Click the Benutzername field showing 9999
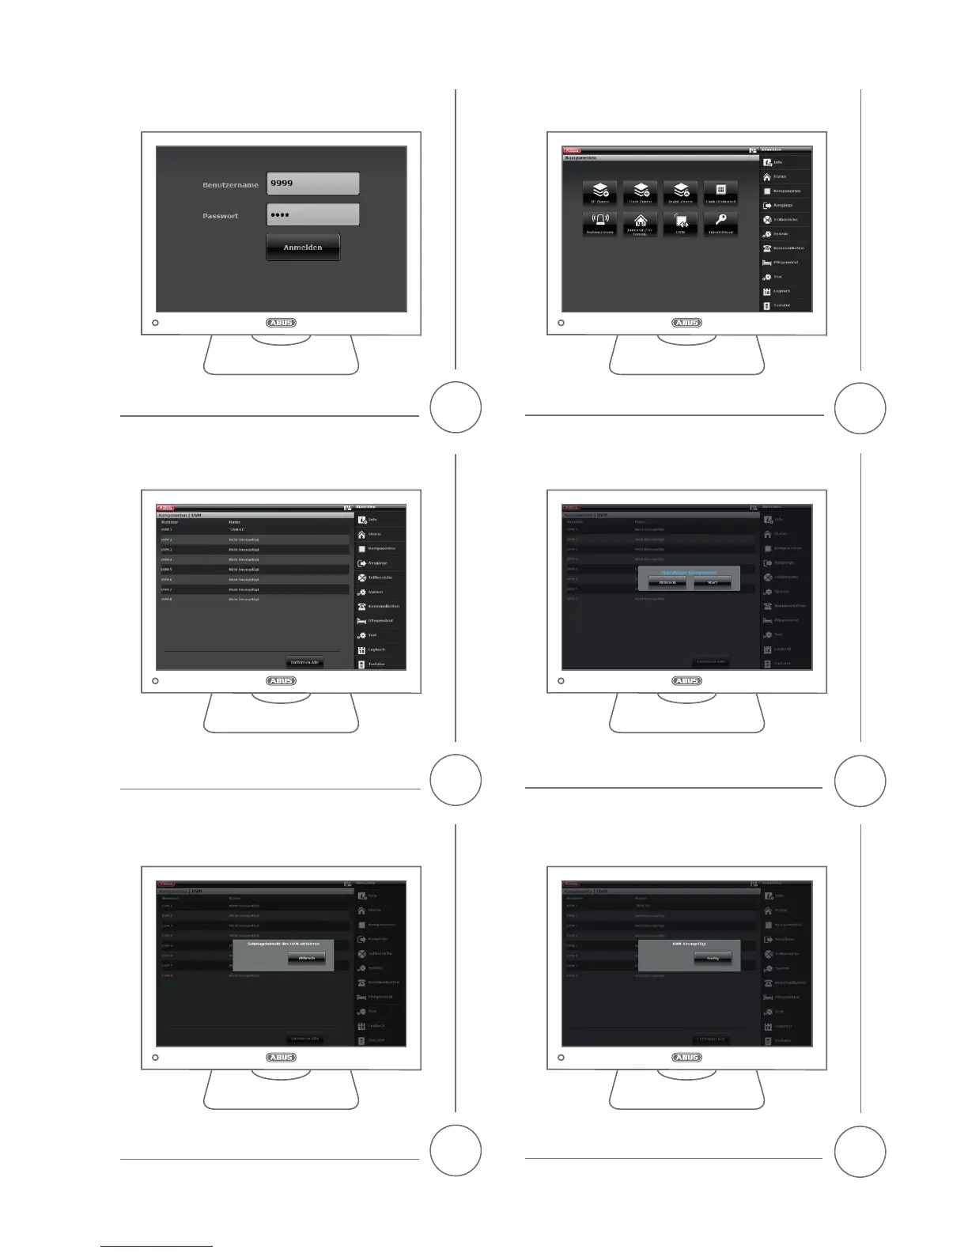pyautogui.click(x=312, y=184)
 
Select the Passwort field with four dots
pyautogui.click(x=312, y=215)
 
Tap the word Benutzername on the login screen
pyautogui.click(x=230, y=185)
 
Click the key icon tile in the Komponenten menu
pyautogui.click(x=720, y=221)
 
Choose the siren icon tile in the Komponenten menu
pyautogui.click(x=600, y=221)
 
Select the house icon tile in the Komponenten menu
pyautogui.click(x=641, y=222)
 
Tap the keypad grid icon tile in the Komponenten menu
pyautogui.click(x=720, y=191)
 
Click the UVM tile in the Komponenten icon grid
pyautogui.click(x=680, y=222)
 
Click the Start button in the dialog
pyautogui.click(x=713, y=582)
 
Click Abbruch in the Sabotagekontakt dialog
pyautogui.click(x=306, y=958)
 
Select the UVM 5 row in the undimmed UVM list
pyautogui.click(x=253, y=570)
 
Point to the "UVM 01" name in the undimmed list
pyautogui.click(x=237, y=529)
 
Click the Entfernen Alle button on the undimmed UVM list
pyautogui.click(x=304, y=662)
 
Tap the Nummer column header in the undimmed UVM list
pyautogui.click(x=170, y=522)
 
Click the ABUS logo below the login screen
pyautogui.click(x=281, y=323)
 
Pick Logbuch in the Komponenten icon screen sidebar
pyautogui.click(x=781, y=291)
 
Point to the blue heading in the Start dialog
pyautogui.click(x=689, y=572)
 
